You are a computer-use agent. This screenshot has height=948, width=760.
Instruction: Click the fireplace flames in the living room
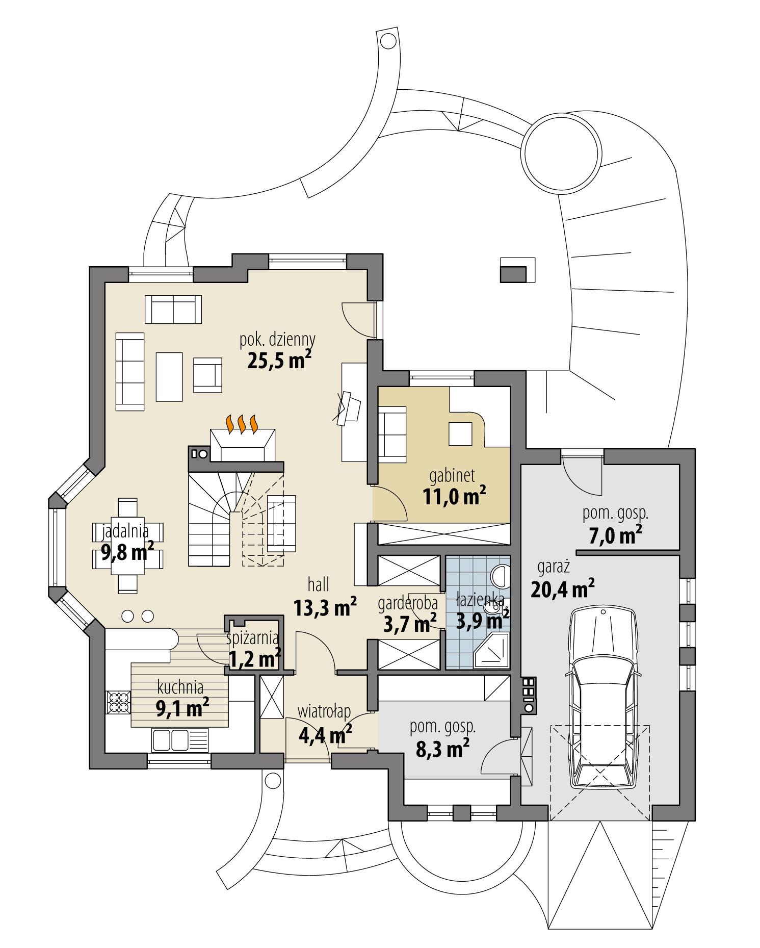pyautogui.click(x=242, y=424)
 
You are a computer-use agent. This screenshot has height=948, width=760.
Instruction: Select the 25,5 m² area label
pyautogui.click(x=279, y=361)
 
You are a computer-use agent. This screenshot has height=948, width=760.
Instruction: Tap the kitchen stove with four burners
pyautogui.click(x=118, y=703)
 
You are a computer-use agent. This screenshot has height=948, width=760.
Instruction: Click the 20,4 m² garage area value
pyautogui.click(x=562, y=590)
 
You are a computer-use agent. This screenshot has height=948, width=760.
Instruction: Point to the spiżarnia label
pyautogui.click(x=253, y=637)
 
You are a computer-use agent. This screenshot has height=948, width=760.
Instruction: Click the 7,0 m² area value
pyautogui.click(x=611, y=535)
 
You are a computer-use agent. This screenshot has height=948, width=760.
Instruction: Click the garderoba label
pyautogui.click(x=408, y=602)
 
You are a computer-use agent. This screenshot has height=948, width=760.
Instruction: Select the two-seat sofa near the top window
pyautogui.click(x=173, y=309)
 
